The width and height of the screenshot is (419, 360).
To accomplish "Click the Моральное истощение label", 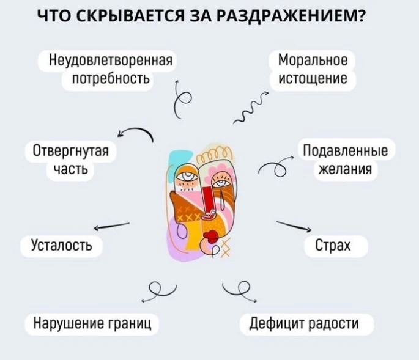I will pos(313,70).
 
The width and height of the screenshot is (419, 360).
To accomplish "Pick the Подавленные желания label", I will pos(346,160).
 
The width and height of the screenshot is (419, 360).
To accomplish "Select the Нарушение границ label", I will pos(92,323).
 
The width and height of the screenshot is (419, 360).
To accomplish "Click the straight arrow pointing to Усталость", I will pos(111,227).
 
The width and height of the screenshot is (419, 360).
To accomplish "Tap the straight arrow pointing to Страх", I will pos(294,226).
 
